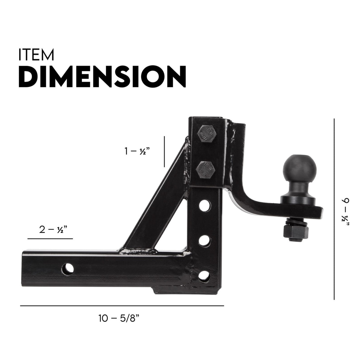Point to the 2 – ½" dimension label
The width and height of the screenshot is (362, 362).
(x=53, y=230)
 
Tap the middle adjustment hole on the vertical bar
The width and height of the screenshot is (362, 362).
(x=205, y=240)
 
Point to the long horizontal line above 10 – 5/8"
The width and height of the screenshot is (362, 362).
(x=122, y=306)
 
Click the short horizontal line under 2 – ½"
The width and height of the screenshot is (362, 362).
(x=50, y=239)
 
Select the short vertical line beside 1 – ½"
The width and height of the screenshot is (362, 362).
(x=164, y=152)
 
